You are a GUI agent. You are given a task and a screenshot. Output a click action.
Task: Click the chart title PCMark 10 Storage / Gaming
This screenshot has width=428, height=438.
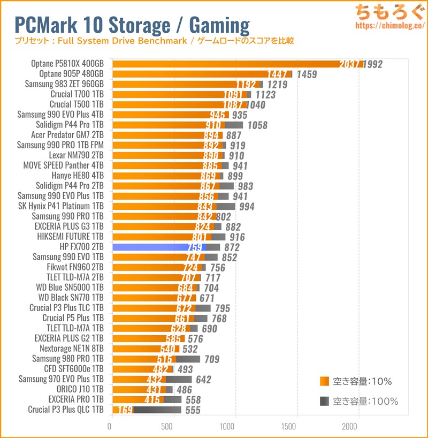[x=132, y=24]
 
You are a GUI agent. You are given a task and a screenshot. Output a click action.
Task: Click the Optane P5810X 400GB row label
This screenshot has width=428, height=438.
[x=67, y=64]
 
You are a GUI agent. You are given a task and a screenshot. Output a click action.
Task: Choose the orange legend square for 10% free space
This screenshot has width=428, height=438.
[x=323, y=382]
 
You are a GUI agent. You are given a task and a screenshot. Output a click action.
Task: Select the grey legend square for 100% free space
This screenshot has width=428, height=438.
[x=323, y=401]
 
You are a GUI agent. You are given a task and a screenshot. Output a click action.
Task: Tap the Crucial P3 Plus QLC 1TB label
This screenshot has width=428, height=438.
[x=66, y=410]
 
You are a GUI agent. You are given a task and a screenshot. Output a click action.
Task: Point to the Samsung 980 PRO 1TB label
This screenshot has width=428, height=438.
[x=68, y=359]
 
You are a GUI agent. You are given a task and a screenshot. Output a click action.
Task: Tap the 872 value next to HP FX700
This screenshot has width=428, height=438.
[x=232, y=247]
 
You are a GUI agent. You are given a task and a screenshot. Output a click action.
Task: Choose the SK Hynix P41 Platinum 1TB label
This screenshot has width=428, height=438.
[x=61, y=206]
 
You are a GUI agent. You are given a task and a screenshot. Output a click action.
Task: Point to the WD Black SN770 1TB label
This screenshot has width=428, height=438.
[x=71, y=298]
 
